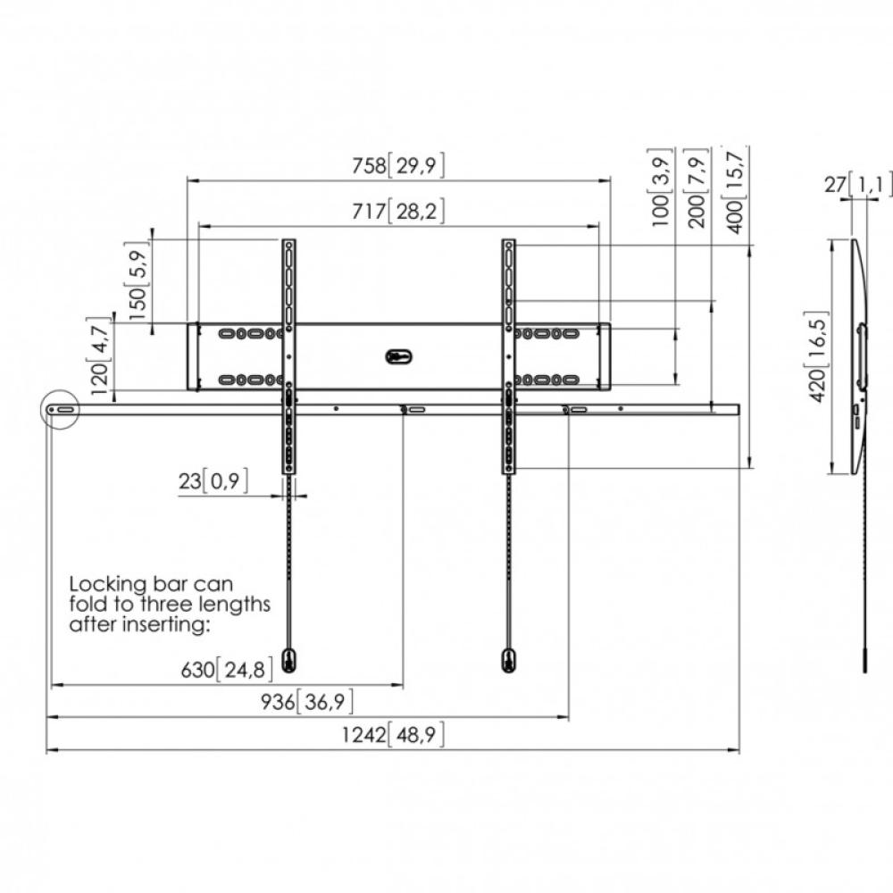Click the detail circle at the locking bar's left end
[43, 409]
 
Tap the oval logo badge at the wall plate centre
[398, 356]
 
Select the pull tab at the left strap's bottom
[290, 661]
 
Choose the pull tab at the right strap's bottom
[509, 661]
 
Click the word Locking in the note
[108, 585]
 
